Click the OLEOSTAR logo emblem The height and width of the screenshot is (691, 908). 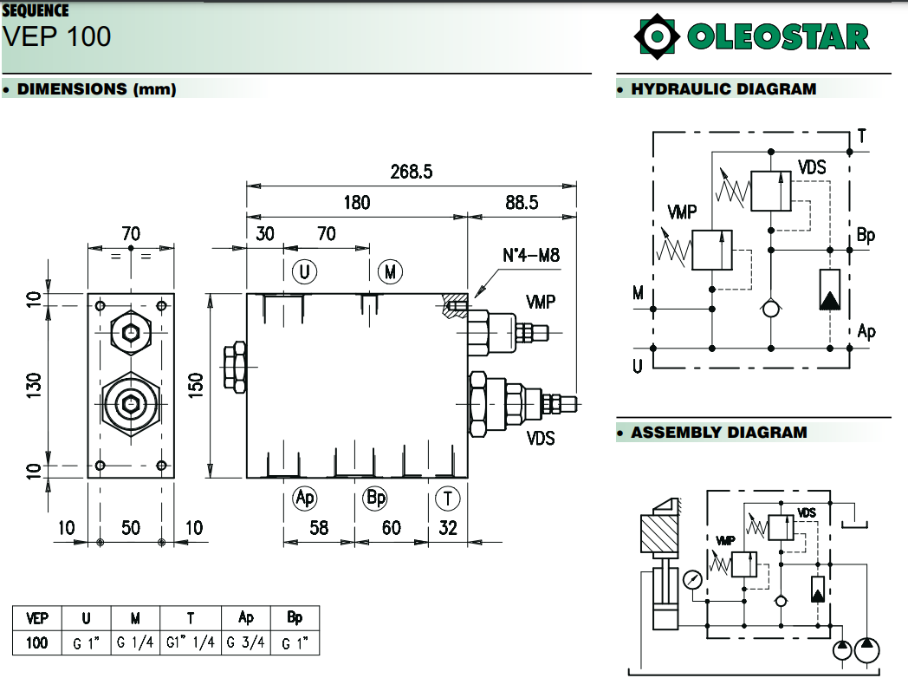point(655,36)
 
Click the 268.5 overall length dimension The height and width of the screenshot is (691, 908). point(411,172)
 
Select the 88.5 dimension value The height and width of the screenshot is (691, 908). point(522,202)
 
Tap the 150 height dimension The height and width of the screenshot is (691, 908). point(196,384)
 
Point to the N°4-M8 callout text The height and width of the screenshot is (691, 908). point(531,256)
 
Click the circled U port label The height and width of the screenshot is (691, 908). point(304,272)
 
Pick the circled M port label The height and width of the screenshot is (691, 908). point(391,272)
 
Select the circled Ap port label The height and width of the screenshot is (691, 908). point(305,498)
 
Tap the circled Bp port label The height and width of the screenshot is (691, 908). point(375,498)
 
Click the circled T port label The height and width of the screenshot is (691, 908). point(447,498)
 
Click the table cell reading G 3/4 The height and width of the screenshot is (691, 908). point(246,643)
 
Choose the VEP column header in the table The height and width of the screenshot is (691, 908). point(37,618)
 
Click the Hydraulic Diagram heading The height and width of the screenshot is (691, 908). point(723,88)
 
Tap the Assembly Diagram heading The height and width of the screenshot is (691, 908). point(718,432)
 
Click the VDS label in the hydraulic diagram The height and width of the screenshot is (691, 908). point(812,167)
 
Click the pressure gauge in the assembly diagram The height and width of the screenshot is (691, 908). point(693,579)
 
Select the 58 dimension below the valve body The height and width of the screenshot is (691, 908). point(319,527)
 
